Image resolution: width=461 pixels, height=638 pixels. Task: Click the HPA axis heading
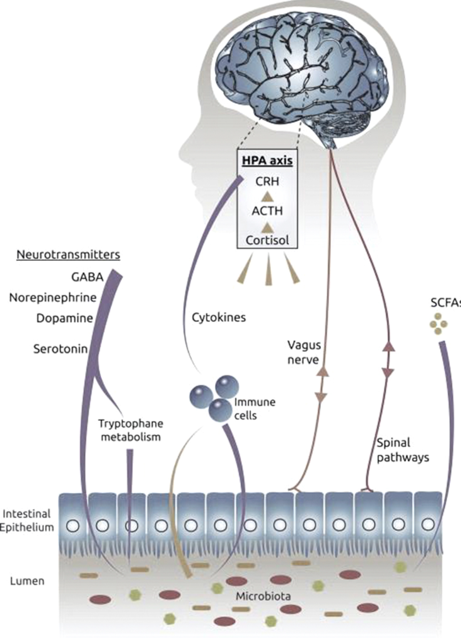[x=267, y=161]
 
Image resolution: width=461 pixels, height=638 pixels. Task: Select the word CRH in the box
[x=267, y=181]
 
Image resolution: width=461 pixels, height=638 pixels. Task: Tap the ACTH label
[x=267, y=211]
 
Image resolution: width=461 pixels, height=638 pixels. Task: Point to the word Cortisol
[x=267, y=240]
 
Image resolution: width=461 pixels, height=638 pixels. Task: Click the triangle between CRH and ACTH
[x=267, y=196]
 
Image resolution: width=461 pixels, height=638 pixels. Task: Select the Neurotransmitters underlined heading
[x=68, y=255]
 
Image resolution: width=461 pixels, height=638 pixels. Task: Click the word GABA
[x=87, y=277]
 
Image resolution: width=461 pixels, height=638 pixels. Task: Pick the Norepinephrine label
[x=53, y=298]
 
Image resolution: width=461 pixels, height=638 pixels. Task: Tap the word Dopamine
[x=64, y=318]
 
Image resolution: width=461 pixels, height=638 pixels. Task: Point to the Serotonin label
[x=61, y=348]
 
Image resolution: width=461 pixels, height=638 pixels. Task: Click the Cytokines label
[x=219, y=317]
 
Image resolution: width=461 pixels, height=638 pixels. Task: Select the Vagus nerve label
[x=304, y=352]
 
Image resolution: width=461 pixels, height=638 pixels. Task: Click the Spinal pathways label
[x=403, y=450]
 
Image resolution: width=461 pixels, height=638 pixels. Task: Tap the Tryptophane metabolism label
[x=131, y=430]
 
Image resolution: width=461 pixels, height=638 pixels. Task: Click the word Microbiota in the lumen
[x=263, y=597]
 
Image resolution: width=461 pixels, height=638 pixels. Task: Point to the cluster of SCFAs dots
[x=438, y=323]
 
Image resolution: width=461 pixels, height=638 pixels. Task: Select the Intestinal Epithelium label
[x=26, y=520]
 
